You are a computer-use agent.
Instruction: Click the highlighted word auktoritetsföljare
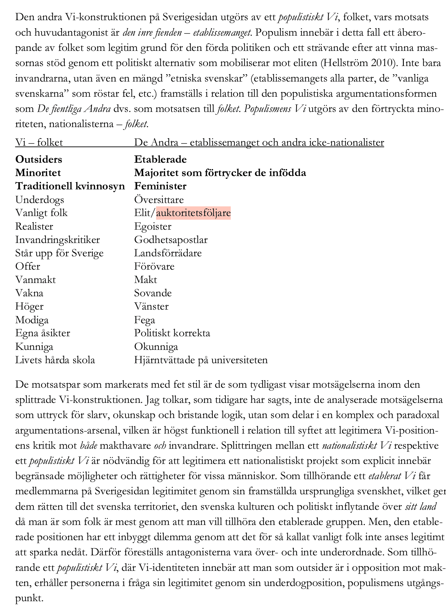pos(193,213)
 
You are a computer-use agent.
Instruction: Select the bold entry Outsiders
pos(39,160)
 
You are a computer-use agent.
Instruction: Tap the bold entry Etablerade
pos(160,160)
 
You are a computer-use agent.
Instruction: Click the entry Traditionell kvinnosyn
pos(70,186)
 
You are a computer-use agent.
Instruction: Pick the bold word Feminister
pos(160,186)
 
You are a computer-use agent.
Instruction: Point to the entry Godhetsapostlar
pos(171,240)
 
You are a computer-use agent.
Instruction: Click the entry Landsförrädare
pos(168,253)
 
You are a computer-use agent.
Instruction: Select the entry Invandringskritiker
pos(58,240)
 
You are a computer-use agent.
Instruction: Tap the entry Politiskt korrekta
pos(172,333)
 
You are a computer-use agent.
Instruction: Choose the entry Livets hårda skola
pos(55,360)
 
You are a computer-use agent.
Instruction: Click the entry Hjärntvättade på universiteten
pos(201,360)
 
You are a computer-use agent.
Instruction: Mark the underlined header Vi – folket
pos(39,143)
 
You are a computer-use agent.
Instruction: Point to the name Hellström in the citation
pos(344,63)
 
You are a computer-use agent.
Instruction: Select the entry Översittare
pos(159,200)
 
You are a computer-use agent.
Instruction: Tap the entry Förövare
pos(154,266)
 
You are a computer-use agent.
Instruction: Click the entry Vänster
pos(151,307)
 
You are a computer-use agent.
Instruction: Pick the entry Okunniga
pos(156,346)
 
